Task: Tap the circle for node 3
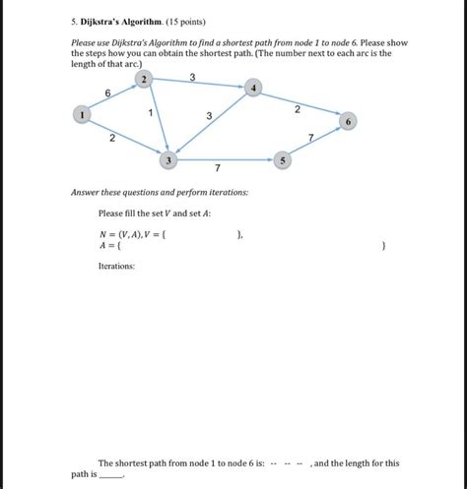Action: [168, 158]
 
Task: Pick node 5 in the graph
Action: [283, 159]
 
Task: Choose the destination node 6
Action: [346, 122]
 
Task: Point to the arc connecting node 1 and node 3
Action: [124, 137]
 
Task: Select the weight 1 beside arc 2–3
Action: [150, 113]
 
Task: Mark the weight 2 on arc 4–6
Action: [297, 109]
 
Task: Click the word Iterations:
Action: [117, 266]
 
